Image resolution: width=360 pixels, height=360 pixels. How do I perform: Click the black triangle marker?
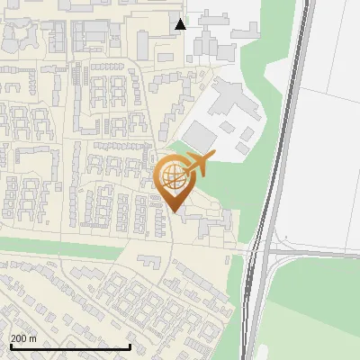(181, 24)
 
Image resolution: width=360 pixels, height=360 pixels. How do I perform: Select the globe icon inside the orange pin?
(172, 177)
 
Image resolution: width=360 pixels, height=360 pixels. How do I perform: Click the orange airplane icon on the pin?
(198, 165)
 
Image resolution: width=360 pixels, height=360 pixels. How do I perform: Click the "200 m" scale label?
(24, 338)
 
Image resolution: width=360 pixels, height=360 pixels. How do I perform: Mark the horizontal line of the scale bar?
(70, 347)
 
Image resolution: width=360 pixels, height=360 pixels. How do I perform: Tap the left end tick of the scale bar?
(11, 346)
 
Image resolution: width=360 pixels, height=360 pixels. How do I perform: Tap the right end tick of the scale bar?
(130, 346)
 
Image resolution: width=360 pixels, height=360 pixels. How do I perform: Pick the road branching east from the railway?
(315, 254)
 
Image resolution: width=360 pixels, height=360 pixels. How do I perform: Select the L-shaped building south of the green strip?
(148, 262)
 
